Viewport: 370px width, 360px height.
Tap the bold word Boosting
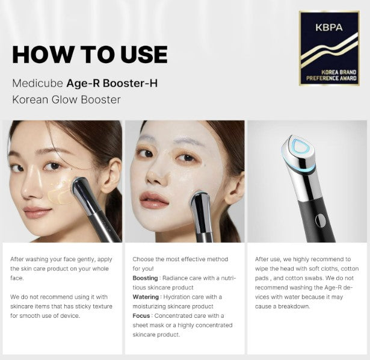[145, 278]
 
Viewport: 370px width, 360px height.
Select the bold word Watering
[146, 297]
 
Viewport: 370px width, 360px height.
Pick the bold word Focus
[141, 315]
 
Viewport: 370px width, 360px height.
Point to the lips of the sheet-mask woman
[153, 200]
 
